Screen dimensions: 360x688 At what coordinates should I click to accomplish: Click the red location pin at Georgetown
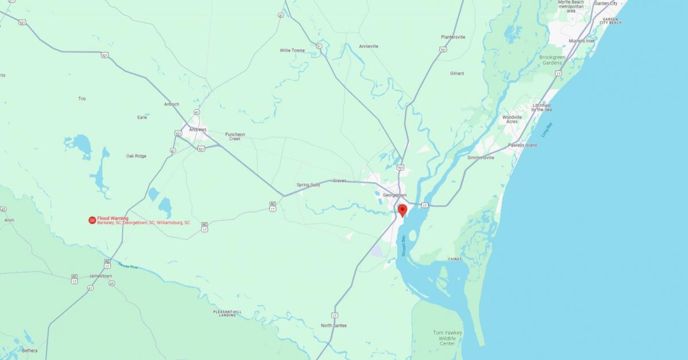pyautogui.click(x=402, y=210)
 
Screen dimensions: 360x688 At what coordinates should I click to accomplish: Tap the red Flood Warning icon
pyautogui.click(x=92, y=220)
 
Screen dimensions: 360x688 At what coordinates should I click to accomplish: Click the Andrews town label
pyautogui.click(x=197, y=130)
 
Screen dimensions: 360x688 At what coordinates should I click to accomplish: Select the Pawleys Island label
pyautogui.click(x=523, y=145)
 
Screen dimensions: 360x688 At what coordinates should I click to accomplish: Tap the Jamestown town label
pyautogui.click(x=100, y=276)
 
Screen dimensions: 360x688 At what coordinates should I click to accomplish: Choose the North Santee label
pyautogui.click(x=335, y=326)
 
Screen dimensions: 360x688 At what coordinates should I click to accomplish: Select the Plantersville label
pyautogui.click(x=453, y=37)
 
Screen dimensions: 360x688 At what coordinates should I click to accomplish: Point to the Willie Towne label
pyautogui.click(x=292, y=50)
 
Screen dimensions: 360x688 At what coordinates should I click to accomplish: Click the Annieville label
pyautogui.click(x=369, y=46)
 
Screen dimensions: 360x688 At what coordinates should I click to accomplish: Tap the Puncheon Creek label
pyautogui.click(x=235, y=136)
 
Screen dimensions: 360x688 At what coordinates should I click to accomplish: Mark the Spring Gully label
pyautogui.click(x=308, y=185)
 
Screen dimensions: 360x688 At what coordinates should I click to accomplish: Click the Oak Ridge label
pyautogui.click(x=136, y=156)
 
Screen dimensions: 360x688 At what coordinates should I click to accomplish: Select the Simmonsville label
pyautogui.click(x=480, y=157)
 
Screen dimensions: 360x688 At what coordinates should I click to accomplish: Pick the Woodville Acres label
pyautogui.click(x=512, y=119)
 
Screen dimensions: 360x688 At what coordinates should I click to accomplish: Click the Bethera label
pyautogui.click(x=30, y=350)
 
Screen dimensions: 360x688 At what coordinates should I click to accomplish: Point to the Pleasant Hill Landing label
pyautogui.click(x=228, y=313)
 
